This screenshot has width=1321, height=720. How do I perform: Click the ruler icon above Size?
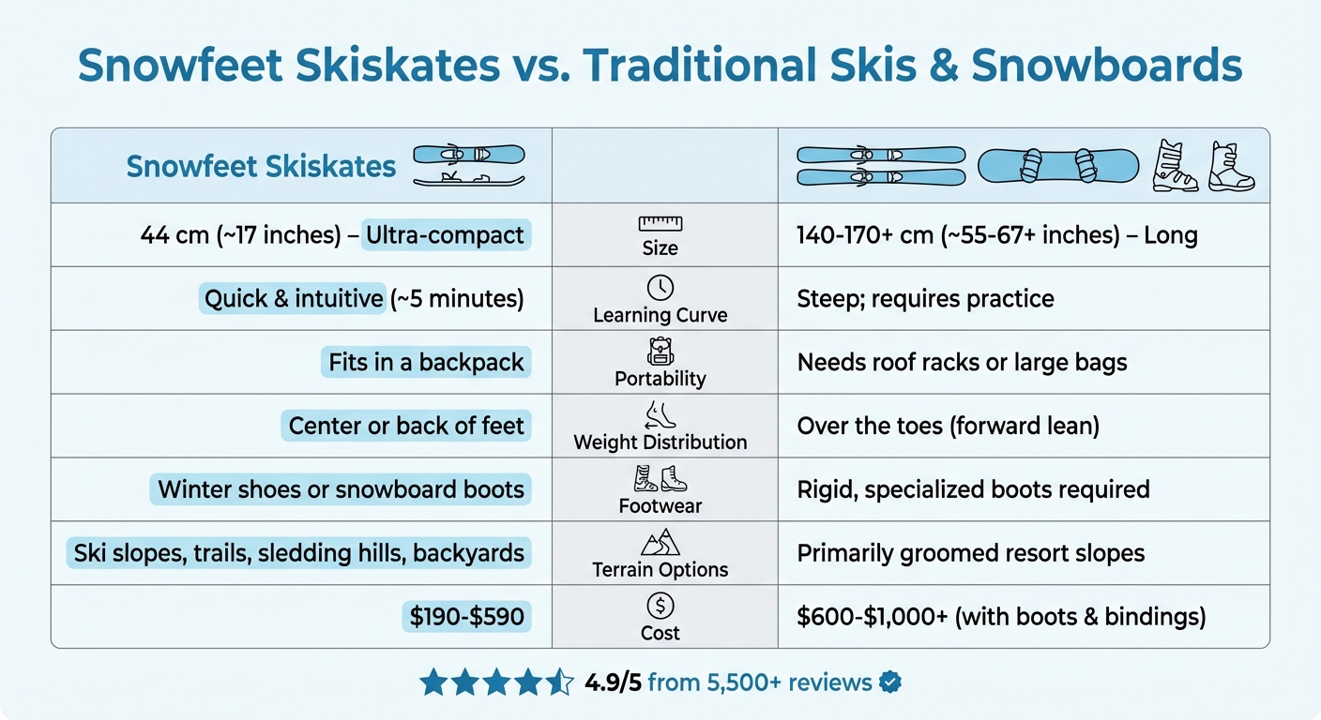660,223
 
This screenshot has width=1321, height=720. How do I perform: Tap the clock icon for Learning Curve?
660,287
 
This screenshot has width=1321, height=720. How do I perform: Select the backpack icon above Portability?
660,352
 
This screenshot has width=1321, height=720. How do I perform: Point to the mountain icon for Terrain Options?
660,542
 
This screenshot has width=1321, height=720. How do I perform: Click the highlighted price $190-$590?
466,616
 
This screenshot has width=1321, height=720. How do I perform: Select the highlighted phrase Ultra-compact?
445,234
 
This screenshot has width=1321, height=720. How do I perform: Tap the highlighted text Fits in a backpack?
426,362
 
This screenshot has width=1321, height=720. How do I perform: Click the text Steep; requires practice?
925,298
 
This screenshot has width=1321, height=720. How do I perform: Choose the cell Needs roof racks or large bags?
962,362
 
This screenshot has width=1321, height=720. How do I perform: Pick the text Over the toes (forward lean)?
948,426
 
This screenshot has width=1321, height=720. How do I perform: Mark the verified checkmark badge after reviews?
889,682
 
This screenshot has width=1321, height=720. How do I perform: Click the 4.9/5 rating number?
612,682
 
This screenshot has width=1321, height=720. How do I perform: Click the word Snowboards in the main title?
1106,66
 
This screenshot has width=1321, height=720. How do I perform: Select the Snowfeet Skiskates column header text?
261,166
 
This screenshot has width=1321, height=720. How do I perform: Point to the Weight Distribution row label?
660,442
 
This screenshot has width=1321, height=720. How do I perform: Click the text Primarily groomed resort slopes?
970,553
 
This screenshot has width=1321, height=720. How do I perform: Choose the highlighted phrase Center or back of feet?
406,426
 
